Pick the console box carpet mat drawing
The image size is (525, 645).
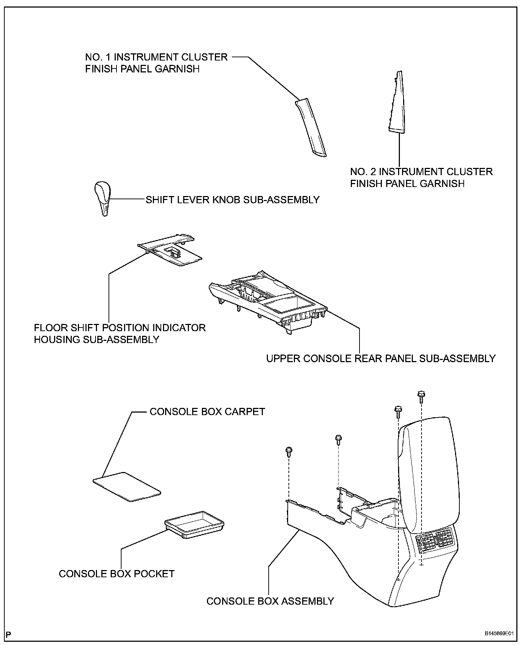pos(127,486)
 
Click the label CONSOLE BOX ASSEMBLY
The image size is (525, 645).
pos(270,601)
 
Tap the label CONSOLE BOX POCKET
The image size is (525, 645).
pos(116,574)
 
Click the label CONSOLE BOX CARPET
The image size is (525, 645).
pos(207,412)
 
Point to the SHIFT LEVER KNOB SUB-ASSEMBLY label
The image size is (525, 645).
pos(233,200)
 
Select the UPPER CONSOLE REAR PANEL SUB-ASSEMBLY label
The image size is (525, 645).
pos(381,359)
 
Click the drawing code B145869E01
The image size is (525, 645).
pos(499,633)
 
